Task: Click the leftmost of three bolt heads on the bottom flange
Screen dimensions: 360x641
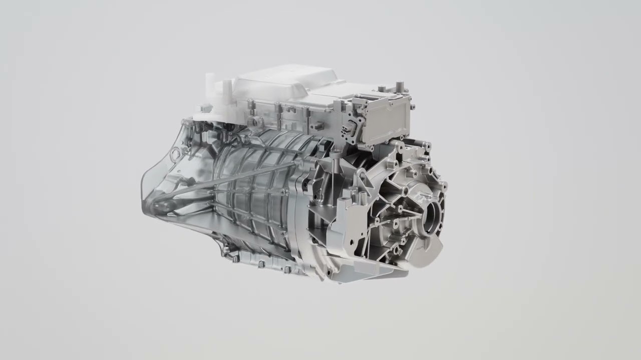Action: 235,258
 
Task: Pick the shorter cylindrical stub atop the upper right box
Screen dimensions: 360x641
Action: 382,89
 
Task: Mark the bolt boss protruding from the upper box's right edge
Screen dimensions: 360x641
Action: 412,106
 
